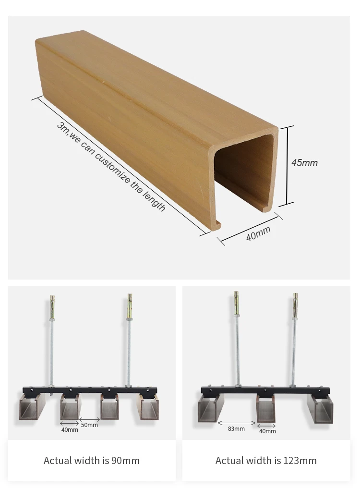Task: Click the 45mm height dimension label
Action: point(304,163)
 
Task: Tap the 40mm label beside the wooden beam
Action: point(258,233)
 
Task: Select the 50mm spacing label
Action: point(89,425)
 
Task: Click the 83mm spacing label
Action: point(236,428)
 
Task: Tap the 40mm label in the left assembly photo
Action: point(70,429)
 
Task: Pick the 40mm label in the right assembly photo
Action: point(267,431)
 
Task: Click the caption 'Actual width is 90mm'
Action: point(92,461)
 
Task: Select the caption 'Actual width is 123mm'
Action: point(266,461)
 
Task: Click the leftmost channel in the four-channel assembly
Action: point(31,407)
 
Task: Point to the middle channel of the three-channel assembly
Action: point(266,409)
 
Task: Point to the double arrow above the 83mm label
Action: point(236,423)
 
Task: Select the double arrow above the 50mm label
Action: point(90,419)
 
